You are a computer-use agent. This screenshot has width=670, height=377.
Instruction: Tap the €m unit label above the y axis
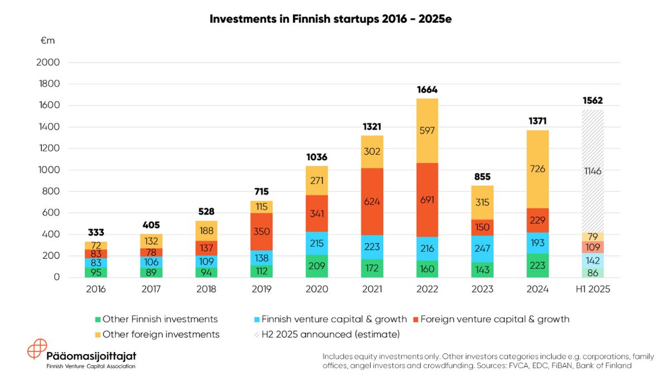(47, 41)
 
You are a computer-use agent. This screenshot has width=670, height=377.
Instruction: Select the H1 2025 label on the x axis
(592, 289)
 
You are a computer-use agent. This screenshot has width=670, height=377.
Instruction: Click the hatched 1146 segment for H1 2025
(592, 171)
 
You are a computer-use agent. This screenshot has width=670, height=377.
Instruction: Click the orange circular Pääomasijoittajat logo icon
(37, 349)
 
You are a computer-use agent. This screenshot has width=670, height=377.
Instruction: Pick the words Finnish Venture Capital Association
(90, 366)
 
